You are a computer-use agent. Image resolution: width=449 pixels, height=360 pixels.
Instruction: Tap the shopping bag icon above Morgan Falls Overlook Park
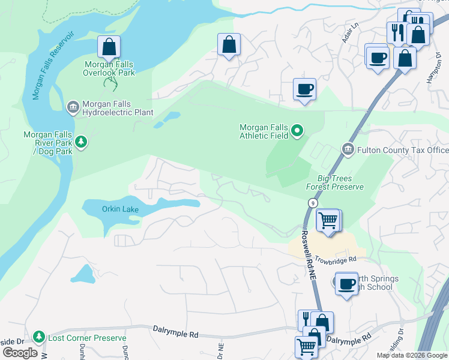[109, 47]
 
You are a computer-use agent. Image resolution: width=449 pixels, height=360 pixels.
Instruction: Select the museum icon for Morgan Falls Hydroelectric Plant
[73, 107]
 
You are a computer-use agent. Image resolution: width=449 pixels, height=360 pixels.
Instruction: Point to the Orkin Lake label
[120, 209]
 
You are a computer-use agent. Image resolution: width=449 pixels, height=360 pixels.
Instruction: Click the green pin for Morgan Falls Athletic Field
[297, 131]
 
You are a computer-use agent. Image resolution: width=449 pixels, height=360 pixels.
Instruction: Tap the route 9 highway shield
[313, 204]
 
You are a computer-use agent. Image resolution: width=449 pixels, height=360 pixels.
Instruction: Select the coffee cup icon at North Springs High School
[346, 283]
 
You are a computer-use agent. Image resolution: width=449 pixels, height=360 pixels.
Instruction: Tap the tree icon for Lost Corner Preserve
[39, 337]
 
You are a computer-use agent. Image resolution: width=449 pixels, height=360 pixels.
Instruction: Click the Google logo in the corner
[20, 353]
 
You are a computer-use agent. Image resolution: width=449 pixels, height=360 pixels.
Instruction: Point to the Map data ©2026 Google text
[411, 355]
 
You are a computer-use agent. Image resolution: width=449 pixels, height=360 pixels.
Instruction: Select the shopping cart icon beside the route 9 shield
[328, 220]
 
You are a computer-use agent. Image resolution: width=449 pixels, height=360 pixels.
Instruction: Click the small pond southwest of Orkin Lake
[82, 274]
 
